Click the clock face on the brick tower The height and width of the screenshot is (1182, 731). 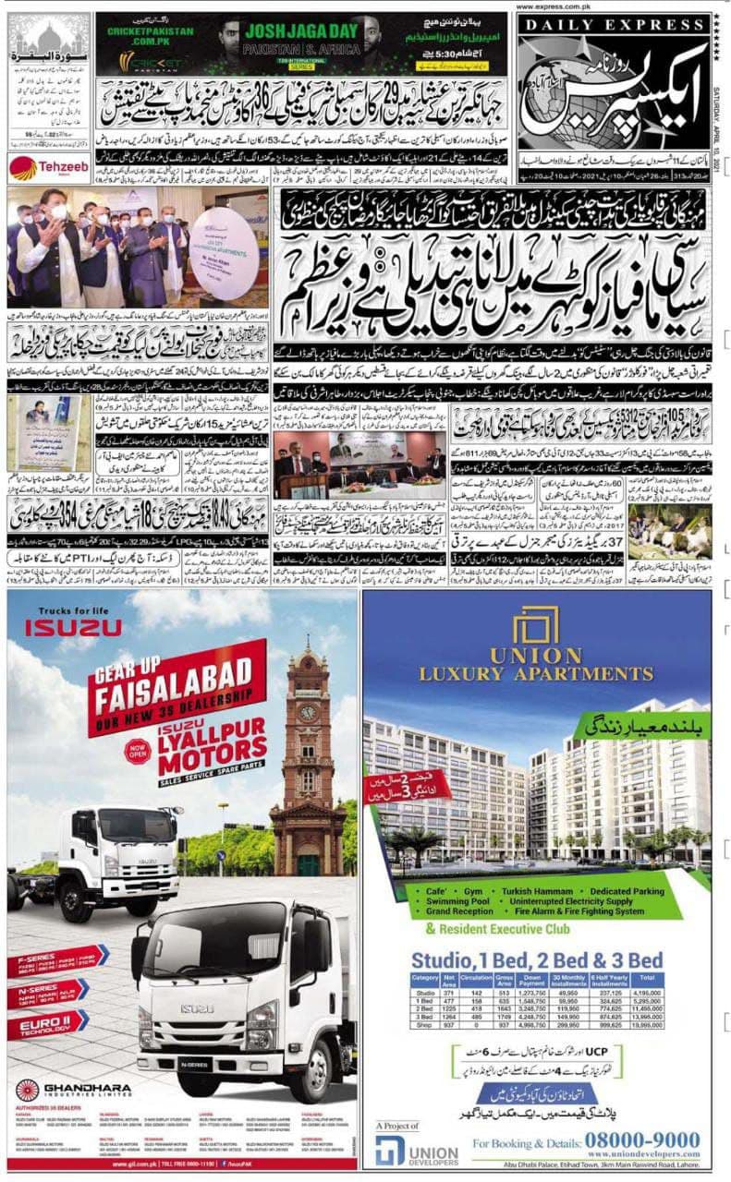coord(308,713)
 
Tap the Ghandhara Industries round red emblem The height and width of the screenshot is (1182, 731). coord(28,1090)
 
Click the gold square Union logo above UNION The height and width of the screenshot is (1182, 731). coord(536,627)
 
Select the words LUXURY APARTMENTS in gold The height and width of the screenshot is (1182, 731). coord(536,673)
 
